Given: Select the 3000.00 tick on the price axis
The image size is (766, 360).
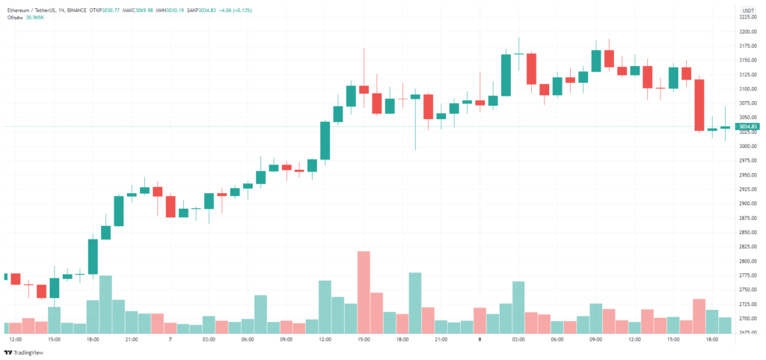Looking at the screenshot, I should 748,147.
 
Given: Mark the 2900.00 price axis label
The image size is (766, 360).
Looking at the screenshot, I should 748,204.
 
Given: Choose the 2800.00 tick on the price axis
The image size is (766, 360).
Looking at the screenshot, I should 748,261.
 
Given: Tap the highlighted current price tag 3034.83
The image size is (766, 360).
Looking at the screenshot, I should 748,127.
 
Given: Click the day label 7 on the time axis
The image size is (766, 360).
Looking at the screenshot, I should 171,340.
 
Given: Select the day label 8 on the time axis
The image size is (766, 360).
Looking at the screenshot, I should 479,340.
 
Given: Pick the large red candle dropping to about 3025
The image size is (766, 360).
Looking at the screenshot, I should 699,105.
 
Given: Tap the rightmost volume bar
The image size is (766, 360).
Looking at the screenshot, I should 725,325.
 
